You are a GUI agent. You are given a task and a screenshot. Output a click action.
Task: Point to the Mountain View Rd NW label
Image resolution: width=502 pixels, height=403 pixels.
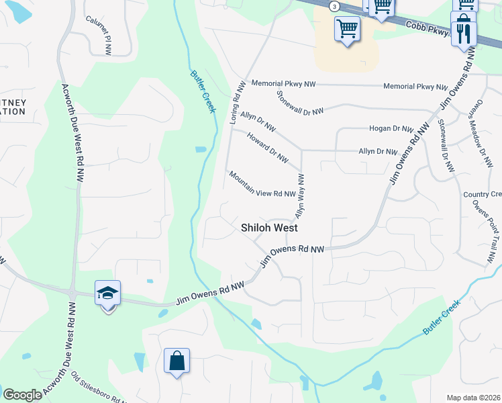262,184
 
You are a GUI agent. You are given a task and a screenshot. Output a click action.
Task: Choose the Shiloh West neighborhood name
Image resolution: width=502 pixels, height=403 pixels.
269,228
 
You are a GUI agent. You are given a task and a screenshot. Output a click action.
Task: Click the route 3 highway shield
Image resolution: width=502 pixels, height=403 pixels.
334,6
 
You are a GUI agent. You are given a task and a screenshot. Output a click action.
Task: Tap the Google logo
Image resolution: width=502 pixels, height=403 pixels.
22,395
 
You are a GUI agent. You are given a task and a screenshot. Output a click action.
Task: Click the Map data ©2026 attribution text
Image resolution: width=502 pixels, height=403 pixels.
474,398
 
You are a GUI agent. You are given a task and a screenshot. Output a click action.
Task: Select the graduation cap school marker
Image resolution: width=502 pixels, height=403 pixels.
107,294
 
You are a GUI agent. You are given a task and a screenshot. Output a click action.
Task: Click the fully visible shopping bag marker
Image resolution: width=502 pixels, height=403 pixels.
177,361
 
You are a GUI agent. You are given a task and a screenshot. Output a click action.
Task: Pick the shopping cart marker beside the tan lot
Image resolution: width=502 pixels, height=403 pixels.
347,30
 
